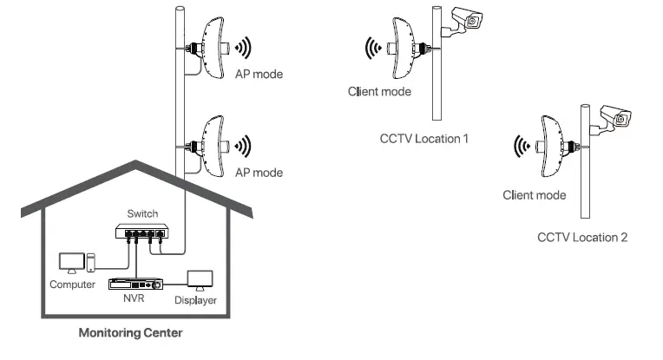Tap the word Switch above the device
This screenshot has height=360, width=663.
click(142, 213)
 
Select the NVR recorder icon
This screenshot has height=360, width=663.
click(135, 283)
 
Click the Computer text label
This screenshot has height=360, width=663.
click(72, 285)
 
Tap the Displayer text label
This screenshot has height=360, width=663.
click(195, 301)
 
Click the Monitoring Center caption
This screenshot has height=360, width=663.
click(130, 332)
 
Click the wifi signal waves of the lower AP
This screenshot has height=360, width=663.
click(246, 144)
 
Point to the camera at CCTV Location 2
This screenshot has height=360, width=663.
click(613, 117)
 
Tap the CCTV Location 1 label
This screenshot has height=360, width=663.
click(424, 137)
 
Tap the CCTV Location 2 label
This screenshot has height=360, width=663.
click(581, 237)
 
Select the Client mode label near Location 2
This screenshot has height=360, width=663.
click(535, 195)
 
